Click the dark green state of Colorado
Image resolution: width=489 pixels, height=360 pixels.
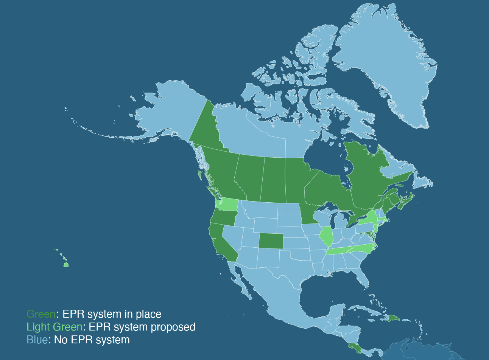coord(271,241)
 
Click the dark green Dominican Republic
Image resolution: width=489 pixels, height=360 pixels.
coord(394,318)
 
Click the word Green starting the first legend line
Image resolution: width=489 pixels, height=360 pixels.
coord(41,314)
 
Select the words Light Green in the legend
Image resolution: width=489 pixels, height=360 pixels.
coord(54,327)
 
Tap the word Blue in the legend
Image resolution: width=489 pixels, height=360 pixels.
coord(37,340)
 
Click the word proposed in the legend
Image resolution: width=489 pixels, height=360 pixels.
coord(173,327)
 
